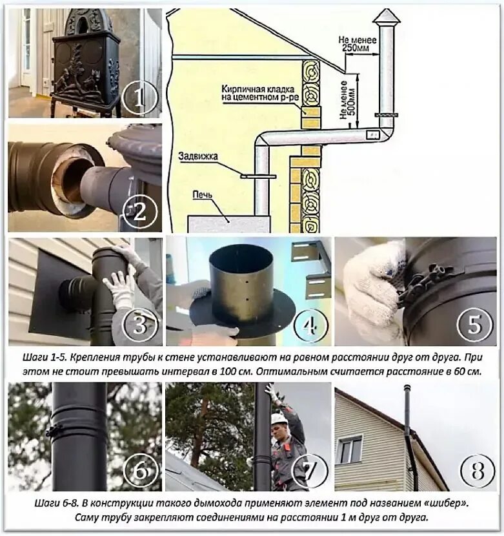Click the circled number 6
coord(141,469)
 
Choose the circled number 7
coord(310,469)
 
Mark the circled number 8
coord(478,470)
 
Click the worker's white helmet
coord(278,419)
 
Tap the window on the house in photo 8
coord(350,450)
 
